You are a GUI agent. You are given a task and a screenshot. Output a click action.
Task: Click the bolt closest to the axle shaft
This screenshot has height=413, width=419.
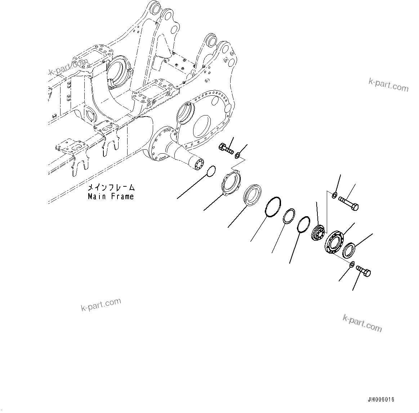tap(226, 149)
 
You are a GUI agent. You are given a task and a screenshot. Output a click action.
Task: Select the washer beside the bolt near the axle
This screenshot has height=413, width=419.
tap(237, 156)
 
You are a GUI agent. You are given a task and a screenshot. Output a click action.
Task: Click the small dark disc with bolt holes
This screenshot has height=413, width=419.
tap(318, 232)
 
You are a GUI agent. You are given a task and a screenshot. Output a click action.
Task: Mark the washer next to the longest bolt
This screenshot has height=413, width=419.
tap(334, 195)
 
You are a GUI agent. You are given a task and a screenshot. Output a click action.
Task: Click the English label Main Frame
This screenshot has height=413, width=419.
tap(111, 196)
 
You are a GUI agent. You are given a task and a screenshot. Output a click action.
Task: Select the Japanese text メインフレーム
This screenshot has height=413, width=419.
tap(111, 188)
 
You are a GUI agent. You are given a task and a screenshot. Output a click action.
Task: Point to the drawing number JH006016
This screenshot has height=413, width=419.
tap(381, 400)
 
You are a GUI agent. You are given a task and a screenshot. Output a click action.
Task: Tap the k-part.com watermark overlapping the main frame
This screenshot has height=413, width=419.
tap(68, 68)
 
